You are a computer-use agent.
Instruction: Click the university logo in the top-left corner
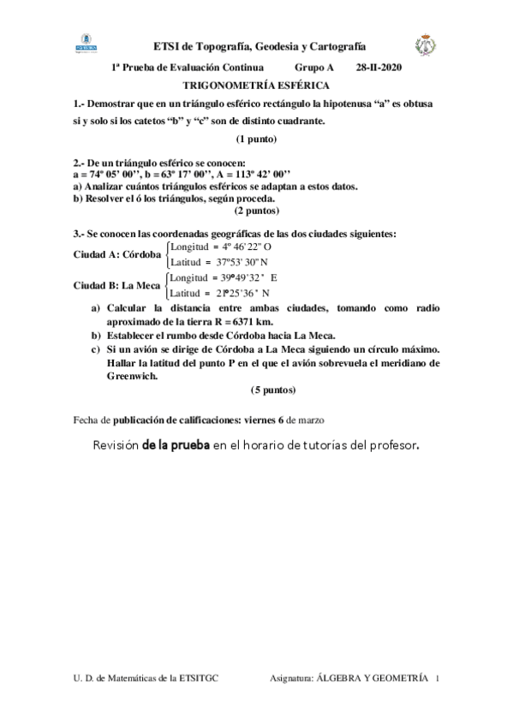pos(88,42)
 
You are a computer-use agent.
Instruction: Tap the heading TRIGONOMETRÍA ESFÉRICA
pos(256,86)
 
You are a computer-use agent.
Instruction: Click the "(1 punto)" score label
pos(256,139)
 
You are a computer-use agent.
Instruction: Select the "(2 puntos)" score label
pos(256,209)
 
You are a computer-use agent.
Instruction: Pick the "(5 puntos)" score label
pos(273,390)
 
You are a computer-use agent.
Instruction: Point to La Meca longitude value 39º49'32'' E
pos(239,277)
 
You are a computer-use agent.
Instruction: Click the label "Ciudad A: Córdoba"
pos(117,254)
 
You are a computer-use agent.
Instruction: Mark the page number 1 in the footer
pos(437,677)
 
